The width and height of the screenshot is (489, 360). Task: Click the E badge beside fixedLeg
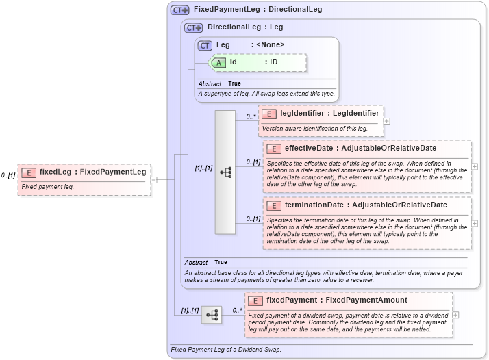tap(29, 172)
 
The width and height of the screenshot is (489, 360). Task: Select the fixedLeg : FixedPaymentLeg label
tap(92, 172)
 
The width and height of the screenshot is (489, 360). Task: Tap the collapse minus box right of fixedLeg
tap(154, 180)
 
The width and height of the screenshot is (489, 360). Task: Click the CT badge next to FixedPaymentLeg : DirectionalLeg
tap(180, 10)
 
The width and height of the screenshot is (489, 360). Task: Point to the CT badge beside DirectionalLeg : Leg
tap(194, 28)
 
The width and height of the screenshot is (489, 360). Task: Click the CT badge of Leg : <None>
tap(205, 46)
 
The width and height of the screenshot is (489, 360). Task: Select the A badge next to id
tap(219, 62)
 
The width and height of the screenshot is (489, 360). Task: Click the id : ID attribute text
tap(253, 62)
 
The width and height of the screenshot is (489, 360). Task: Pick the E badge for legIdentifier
tap(269, 114)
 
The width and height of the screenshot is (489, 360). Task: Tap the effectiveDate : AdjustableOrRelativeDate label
tap(360, 149)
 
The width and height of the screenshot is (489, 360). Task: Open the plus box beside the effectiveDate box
tap(475, 166)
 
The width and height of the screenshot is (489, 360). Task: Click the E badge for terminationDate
tap(273, 205)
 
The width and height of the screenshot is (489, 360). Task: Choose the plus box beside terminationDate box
tap(475, 223)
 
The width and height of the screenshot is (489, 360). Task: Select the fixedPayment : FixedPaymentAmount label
tap(336, 300)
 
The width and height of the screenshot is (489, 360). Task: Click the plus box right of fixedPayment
tap(456, 315)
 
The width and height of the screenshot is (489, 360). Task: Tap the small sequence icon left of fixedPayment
tap(212, 315)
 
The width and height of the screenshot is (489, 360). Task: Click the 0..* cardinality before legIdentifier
tap(251, 117)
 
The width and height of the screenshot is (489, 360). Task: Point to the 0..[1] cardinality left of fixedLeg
tap(8, 176)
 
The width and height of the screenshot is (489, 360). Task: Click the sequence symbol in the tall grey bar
tap(225, 173)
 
